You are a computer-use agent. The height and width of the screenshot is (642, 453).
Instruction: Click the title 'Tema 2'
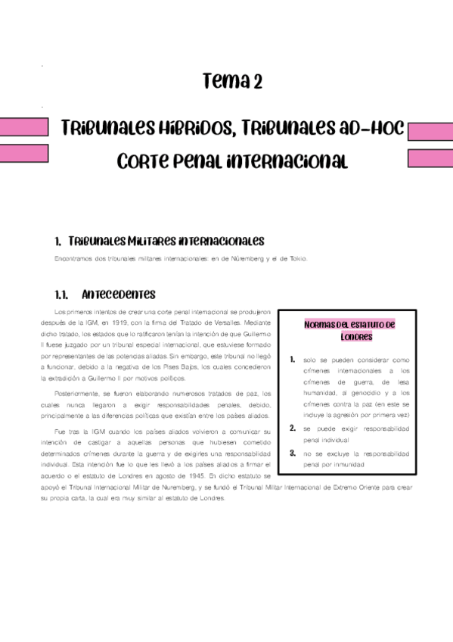pos(233,82)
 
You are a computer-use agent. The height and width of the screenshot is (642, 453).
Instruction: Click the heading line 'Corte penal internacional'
pos(233,161)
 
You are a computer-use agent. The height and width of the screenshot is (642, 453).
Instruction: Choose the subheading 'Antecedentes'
pos(118,294)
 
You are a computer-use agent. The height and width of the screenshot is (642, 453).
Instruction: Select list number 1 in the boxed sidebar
pos(292,360)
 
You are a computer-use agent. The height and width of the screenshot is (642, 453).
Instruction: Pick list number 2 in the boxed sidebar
pos(292,428)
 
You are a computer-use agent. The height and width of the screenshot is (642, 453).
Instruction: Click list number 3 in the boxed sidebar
pos(292,453)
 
